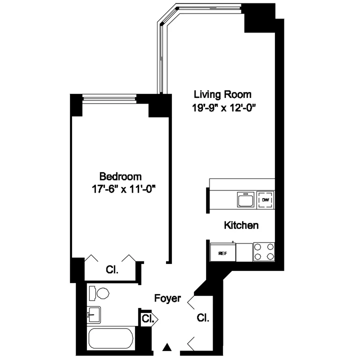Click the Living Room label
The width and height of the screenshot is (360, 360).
pos(222,94)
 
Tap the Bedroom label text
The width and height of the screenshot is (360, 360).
pos(120,176)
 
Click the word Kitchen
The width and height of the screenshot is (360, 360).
pos(240,225)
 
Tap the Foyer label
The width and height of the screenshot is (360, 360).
pos(167,298)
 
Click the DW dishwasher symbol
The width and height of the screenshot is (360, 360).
pos(265,200)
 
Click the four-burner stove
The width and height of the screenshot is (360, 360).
pos(264,251)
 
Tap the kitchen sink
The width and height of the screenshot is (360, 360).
pos(245,200)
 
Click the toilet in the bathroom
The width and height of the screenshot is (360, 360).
pos(98,293)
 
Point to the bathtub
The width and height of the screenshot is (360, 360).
pos(111,339)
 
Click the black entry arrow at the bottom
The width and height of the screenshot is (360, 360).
pos(168,346)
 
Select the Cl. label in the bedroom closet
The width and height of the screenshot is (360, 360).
pos(112,270)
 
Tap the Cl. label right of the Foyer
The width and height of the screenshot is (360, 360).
pos(202,318)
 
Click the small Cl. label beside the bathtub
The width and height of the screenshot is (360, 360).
pos(147,318)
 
